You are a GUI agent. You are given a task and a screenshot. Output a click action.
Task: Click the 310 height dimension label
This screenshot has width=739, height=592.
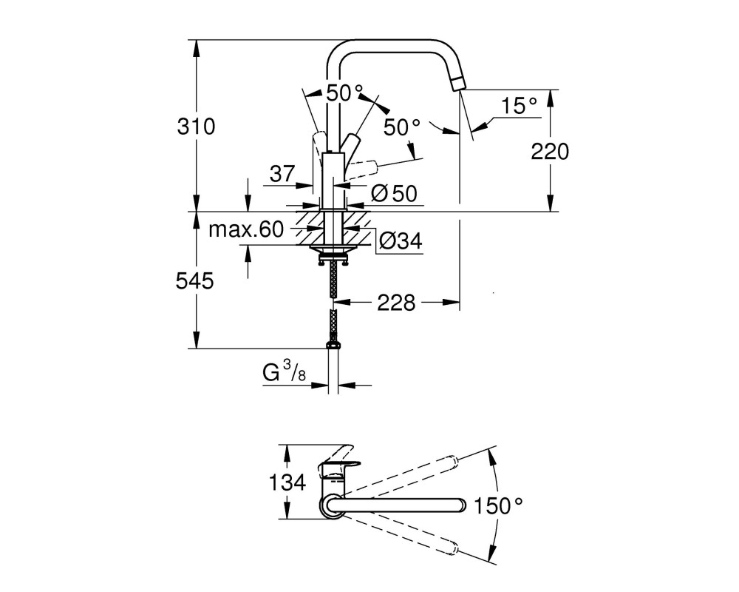196,127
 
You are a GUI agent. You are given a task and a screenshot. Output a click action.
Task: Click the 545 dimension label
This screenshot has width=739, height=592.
194,281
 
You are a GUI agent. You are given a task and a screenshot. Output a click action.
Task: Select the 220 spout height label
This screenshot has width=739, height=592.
550,152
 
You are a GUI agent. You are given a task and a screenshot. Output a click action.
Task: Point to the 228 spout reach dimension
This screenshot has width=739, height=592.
396,303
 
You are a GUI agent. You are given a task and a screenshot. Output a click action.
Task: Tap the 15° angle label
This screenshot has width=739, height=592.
519,106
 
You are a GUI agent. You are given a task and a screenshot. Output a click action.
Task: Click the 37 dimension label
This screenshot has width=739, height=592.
282,174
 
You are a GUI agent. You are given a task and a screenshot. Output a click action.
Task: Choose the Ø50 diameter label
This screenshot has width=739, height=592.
394,193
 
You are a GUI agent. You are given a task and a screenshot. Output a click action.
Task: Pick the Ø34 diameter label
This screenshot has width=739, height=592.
401,241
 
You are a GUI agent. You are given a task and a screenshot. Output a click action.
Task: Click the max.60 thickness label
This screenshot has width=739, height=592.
246,230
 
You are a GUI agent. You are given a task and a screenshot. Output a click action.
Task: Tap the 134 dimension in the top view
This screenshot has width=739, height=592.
287,482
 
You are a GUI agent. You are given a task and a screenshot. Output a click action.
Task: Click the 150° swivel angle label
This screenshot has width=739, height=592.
497,506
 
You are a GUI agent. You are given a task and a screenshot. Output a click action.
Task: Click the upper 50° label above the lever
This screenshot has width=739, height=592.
345,93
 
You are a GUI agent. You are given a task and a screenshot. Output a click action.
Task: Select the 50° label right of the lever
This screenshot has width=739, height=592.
401,127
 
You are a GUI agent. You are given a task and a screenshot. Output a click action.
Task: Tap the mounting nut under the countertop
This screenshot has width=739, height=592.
333,258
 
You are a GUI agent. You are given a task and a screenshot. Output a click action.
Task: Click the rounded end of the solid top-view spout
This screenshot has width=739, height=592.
461,505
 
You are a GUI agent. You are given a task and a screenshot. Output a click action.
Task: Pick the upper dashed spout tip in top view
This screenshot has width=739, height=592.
452,461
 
